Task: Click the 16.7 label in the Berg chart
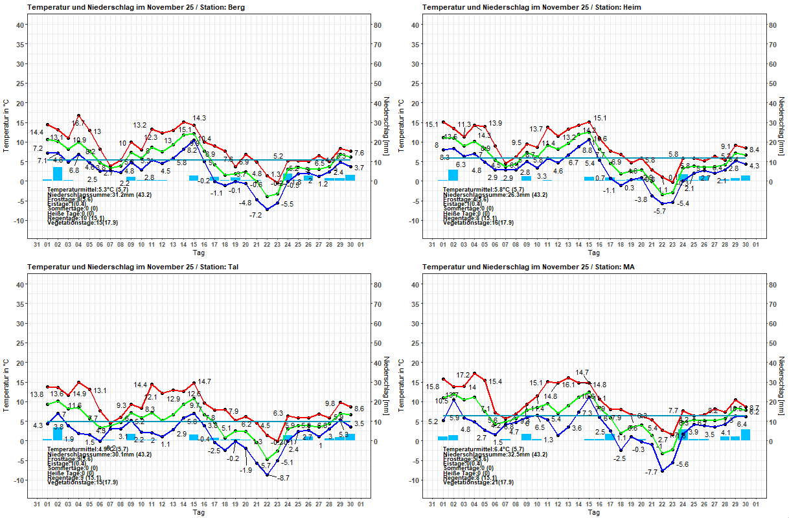pyautogui.click(x=78, y=123)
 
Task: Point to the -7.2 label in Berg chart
pyautogui.click(x=256, y=215)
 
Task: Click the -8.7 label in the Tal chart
pyautogui.click(x=282, y=478)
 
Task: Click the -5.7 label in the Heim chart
pyautogui.click(x=659, y=211)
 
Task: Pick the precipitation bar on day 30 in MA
pyautogui.click(x=746, y=435)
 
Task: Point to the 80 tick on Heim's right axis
pyautogui.click(x=772, y=25)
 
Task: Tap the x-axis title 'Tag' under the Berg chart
pyautogui.click(x=198, y=253)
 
